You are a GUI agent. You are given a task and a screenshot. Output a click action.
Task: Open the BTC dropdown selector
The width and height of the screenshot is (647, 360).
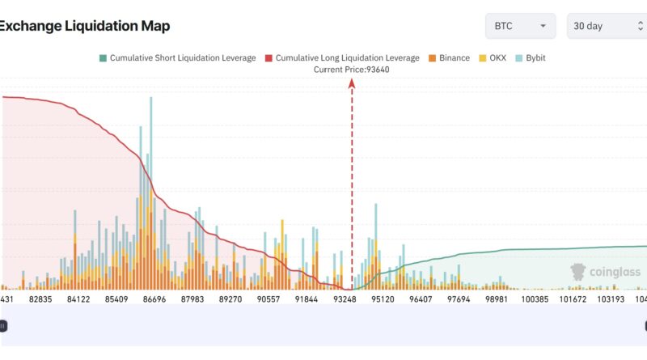(x=520, y=26)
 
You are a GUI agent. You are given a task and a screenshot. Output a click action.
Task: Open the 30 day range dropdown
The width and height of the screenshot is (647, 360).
(x=605, y=26)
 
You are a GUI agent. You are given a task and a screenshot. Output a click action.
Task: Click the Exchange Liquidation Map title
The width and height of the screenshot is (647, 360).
(x=84, y=26)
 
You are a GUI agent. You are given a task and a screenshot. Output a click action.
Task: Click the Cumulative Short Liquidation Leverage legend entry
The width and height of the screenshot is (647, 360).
(x=177, y=58)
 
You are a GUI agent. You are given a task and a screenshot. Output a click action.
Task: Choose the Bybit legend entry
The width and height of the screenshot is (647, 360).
(x=530, y=58)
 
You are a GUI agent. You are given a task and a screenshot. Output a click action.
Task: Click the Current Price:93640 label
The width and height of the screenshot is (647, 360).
(x=351, y=70)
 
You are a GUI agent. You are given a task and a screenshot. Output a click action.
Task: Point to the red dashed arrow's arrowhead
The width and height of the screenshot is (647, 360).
(x=352, y=84)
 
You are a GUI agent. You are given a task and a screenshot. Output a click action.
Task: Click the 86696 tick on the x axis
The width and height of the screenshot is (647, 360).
(x=154, y=299)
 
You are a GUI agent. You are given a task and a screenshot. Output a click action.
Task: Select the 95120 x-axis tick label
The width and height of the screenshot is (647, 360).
(x=383, y=299)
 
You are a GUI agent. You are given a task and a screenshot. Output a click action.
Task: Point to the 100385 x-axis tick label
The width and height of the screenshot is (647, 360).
(x=535, y=299)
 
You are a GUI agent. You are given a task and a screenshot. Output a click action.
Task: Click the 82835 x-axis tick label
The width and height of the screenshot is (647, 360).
(x=40, y=299)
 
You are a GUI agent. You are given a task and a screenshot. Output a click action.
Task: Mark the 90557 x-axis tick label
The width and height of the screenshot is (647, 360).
(x=269, y=299)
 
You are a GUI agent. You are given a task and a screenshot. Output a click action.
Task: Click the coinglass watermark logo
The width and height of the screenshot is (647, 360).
(x=606, y=272)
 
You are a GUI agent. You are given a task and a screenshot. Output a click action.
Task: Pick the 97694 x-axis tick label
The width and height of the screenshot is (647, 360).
(x=459, y=299)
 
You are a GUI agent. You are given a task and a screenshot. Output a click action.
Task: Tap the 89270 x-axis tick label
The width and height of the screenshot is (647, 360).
(x=230, y=299)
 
